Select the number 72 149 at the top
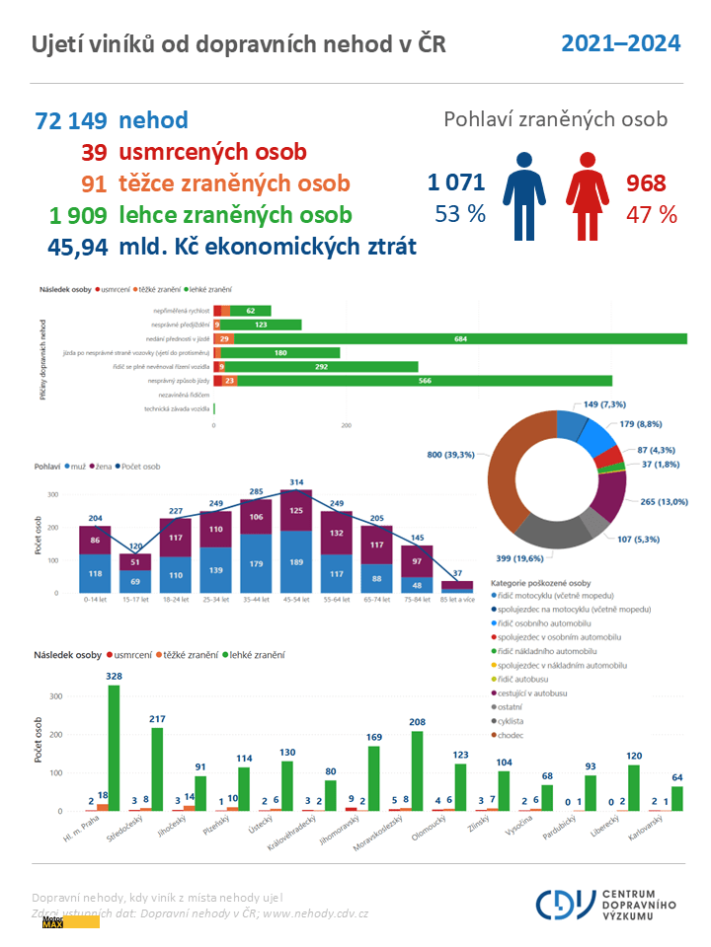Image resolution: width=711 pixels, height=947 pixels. [71, 121]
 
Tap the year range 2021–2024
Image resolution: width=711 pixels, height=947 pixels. [620, 43]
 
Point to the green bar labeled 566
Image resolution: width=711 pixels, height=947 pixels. [425, 380]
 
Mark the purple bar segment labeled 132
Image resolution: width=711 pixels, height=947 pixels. [337, 533]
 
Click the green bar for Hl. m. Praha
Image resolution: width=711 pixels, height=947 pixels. [114, 748]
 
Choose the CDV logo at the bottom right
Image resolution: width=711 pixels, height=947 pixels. [606, 903]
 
